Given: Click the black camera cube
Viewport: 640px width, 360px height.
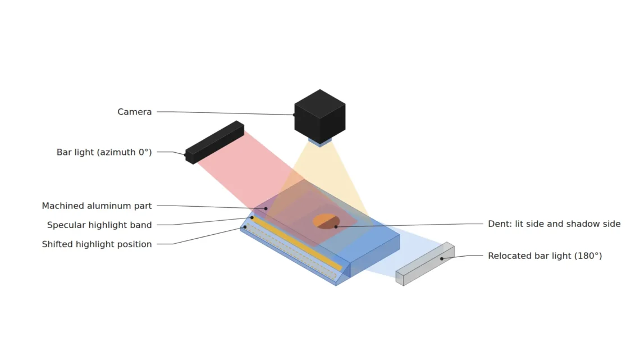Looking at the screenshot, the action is [x=320, y=117].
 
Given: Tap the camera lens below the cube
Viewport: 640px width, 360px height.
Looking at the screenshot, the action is [x=320, y=142].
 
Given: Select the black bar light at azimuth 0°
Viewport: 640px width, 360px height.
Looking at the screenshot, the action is [x=214, y=143].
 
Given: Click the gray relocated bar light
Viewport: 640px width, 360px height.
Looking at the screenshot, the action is [x=425, y=264].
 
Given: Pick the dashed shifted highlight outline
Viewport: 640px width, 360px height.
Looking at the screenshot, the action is [x=291, y=251].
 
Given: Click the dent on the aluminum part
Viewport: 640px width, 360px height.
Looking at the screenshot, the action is [x=327, y=221].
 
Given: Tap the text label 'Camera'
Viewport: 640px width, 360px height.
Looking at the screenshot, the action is [x=134, y=112].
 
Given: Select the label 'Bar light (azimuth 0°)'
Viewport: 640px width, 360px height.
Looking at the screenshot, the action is [x=104, y=152].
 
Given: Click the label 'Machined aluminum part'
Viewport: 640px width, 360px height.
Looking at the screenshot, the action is [x=97, y=206].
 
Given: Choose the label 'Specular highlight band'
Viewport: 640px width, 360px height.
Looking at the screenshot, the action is [x=99, y=225].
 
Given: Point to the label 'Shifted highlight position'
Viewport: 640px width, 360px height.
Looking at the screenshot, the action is [x=97, y=244].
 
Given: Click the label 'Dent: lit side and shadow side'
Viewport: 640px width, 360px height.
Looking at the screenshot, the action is [x=554, y=224].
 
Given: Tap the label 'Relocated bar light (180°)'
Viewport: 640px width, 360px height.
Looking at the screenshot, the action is [x=545, y=256].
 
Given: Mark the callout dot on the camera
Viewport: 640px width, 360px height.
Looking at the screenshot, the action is [x=294, y=115].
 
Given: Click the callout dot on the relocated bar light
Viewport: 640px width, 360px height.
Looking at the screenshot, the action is [x=442, y=259].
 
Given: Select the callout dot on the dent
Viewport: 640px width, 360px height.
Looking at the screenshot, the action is [x=336, y=226].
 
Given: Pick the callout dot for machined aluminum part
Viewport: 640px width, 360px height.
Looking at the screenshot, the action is [x=266, y=208].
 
